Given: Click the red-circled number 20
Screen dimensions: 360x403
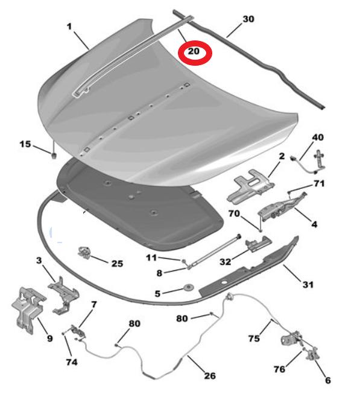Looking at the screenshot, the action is (x=194, y=51).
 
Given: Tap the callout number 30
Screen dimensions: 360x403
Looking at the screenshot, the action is (x=248, y=19).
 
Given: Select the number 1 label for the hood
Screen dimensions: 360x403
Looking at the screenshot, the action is (x=69, y=27).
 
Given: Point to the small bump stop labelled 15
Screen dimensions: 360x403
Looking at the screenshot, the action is (x=54, y=156).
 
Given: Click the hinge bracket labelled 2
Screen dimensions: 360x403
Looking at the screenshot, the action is (x=250, y=186).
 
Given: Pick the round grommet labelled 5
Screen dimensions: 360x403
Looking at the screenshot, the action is (x=190, y=287).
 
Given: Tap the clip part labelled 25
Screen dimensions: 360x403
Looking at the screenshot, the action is (x=85, y=252).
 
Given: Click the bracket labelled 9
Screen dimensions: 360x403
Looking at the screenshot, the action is (x=29, y=309).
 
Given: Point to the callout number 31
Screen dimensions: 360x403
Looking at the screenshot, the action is (x=308, y=285).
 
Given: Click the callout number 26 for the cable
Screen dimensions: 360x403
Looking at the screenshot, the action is (x=210, y=376).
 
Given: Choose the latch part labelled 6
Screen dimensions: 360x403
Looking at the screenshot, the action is (x=312, y=354).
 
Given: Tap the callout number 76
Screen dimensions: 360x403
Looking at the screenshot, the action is (x=279, y=369).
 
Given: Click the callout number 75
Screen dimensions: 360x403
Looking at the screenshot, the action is (x=254, y=338).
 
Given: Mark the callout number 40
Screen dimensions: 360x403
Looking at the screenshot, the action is (x=318, y=137).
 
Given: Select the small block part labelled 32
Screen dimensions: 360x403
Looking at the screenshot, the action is (x=258, y=243).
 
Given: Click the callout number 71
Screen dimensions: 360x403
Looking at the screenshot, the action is (x=319, y=183).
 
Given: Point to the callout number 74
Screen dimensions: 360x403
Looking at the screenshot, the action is (x=72, y=362).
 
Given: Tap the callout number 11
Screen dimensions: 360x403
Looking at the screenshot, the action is (x=151, y=258).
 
